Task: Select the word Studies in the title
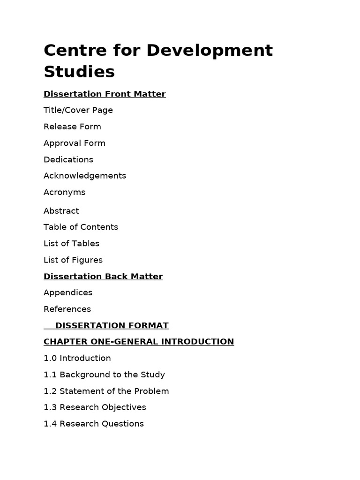pos(79,72)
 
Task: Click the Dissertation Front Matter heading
pos(105,94)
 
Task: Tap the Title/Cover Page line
pos(78,110)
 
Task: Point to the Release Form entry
pos(72,127)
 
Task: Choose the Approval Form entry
pos(75,143)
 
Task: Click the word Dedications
pos(68,159)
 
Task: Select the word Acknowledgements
pos(85,176)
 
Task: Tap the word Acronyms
pos(65,192)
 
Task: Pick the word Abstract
pos(61,211)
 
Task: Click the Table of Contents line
pos(81,227)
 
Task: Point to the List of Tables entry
pos(71,243)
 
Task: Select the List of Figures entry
pos(73,260)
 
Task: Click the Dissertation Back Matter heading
pos(103,277)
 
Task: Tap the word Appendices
pos(68,292)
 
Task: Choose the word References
pos(67,309)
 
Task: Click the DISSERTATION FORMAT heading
pos(112,325)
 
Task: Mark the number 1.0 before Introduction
pos(50,358)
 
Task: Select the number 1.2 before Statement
pos(50,391)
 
